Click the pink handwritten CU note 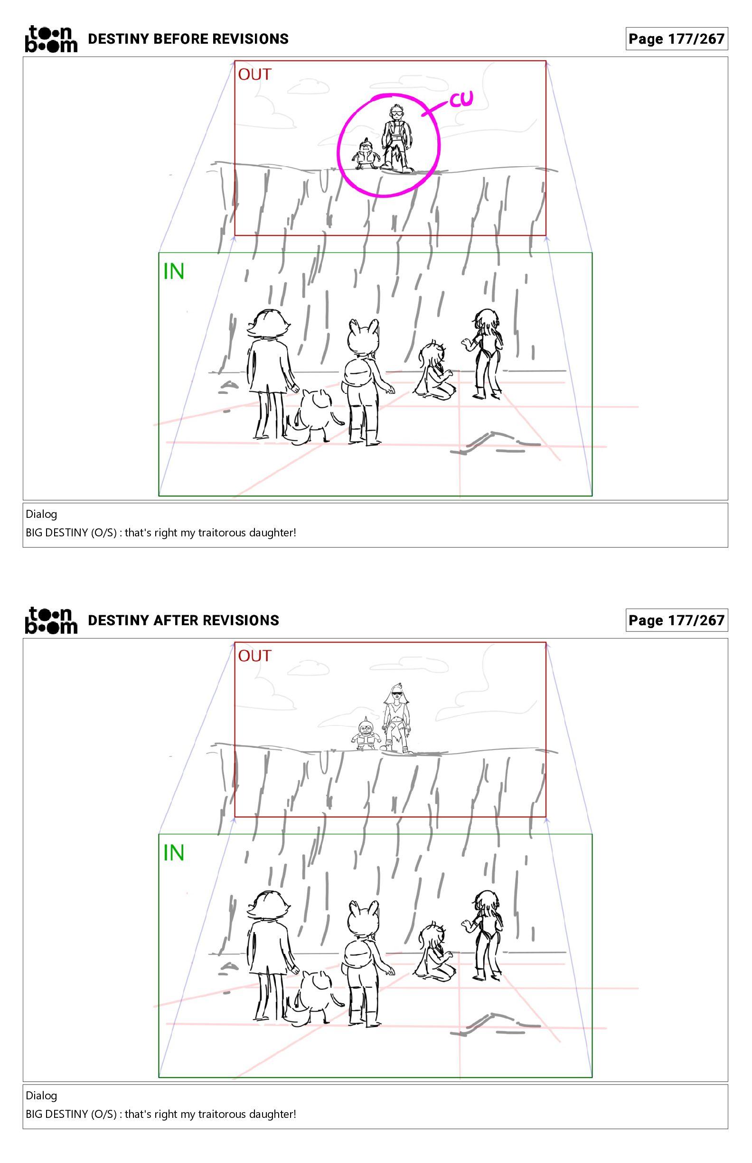pyautogui.click(x=461, y=99)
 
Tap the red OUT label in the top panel pyautogui.click(x=254, y=74)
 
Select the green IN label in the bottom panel pyautogui.click(x=173, y=853)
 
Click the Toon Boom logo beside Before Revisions pyautogui.click(x=51, y=38)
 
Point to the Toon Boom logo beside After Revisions pyautogui.click(x=51, y=620)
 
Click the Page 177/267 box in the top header pyautogui.click(x=677, y=38)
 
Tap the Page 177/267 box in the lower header pyautogui.click(x=677, y=620)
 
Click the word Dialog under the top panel pyautogui.click(x=41, y=514)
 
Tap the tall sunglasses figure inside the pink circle pyautogui.click(x=397, y=138)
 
